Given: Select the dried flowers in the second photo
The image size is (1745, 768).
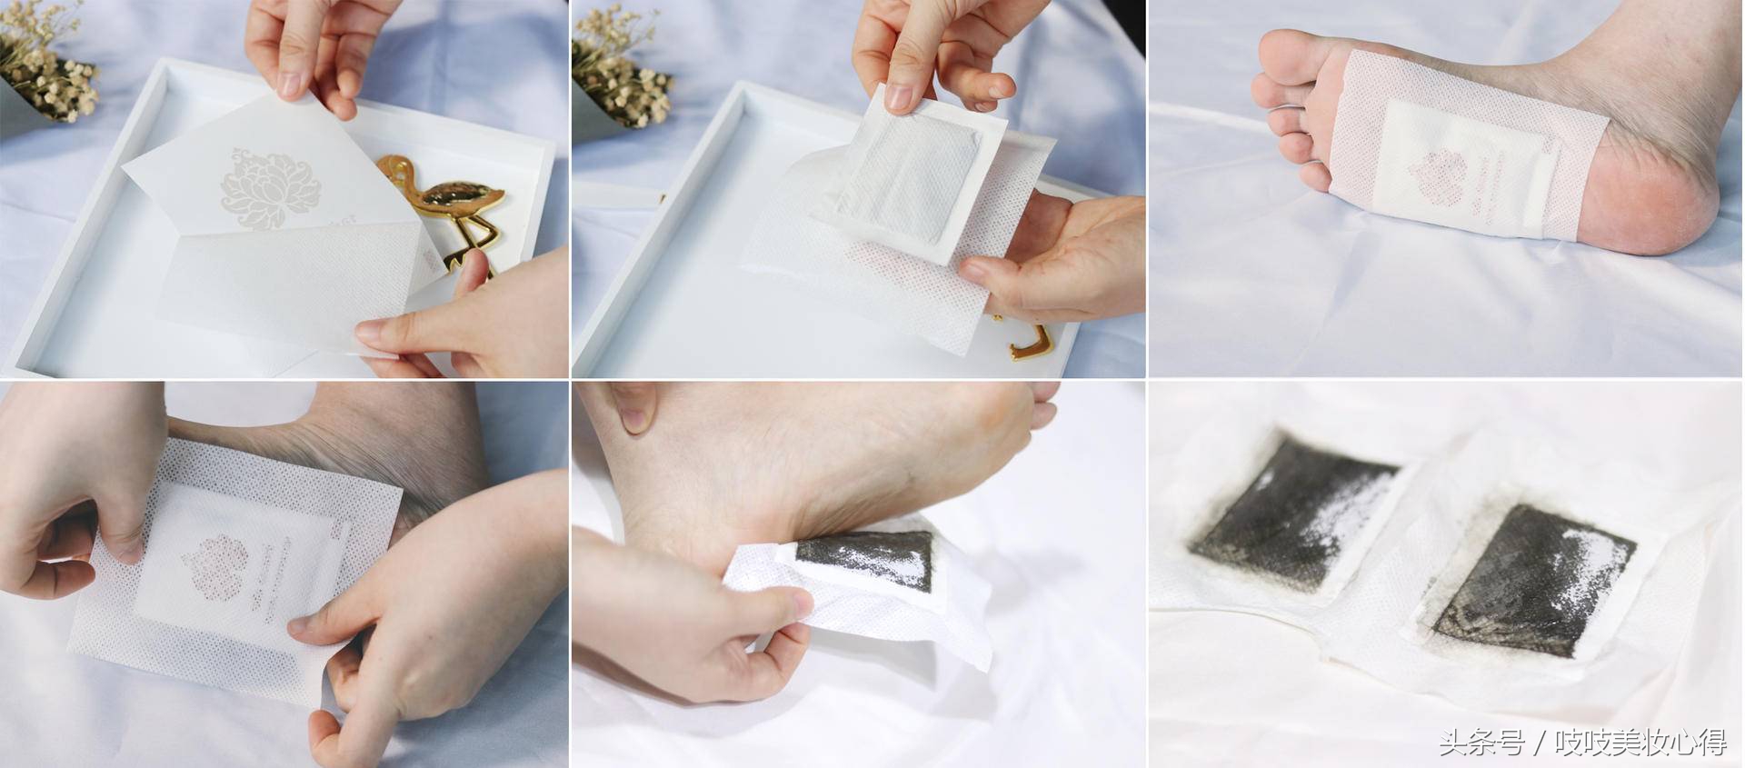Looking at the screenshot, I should pos(627,64).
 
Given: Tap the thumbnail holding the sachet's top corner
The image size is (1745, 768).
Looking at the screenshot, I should pos(291,84).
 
